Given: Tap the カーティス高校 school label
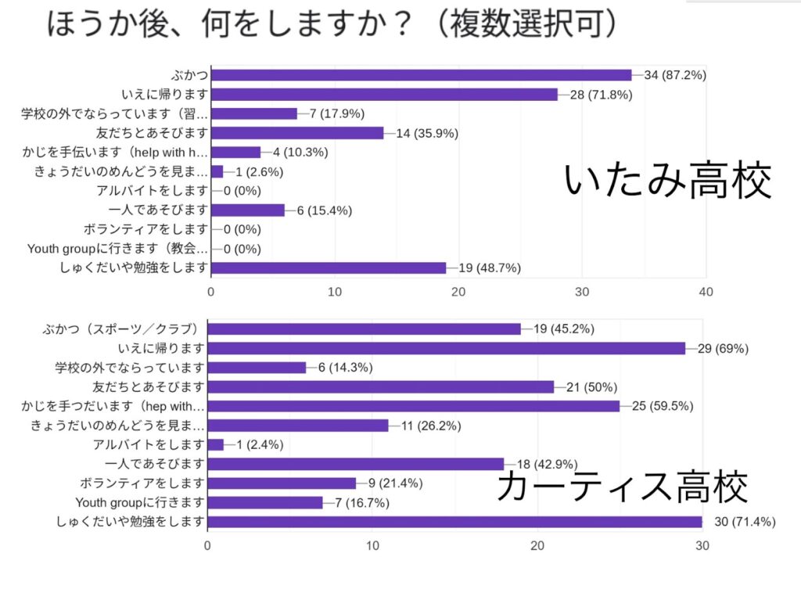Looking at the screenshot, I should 623,486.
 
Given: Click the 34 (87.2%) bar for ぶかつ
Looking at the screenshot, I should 422,75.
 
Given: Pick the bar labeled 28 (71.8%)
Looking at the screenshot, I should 384,95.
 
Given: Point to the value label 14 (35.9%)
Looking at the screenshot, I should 427,133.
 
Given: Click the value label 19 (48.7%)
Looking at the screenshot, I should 490,268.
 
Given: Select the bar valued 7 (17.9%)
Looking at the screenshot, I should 254,113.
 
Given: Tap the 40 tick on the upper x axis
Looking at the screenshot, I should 706,292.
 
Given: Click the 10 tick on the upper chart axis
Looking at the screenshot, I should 335,292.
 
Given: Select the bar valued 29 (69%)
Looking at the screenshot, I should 446,348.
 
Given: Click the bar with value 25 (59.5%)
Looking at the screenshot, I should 413,406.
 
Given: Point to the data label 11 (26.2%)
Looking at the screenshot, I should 429,426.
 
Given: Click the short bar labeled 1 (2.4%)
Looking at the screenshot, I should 216,444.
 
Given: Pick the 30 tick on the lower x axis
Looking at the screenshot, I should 702,546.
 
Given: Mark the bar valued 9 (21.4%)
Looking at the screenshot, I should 282,483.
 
